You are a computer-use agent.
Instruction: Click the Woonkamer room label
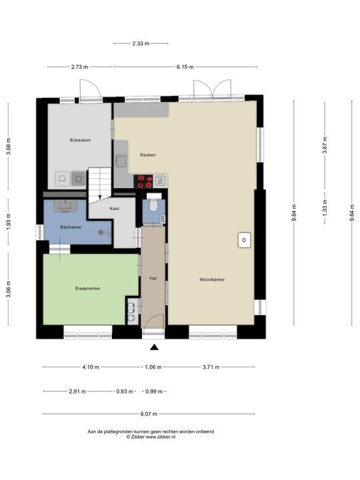212,279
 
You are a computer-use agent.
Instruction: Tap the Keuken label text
148,155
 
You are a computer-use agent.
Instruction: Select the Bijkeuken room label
80,140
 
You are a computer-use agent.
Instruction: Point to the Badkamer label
71,227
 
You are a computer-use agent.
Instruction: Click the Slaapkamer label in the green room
88,289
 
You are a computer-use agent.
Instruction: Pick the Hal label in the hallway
153,278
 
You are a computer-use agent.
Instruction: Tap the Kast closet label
115,209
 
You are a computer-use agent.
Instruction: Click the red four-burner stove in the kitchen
143,181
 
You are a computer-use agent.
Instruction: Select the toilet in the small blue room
153,205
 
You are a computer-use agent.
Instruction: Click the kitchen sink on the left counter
121,161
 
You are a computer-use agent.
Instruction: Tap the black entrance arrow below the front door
154,347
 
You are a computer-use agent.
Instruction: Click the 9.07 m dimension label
149,414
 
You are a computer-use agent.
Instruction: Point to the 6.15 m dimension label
185,67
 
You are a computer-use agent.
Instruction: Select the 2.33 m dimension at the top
141,43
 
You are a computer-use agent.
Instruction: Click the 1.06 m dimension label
153,367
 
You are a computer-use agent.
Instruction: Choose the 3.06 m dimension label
9,289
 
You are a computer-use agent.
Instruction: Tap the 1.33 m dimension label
325,207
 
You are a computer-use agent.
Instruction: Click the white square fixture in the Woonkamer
244,240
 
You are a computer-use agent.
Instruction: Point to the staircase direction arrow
100,197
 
